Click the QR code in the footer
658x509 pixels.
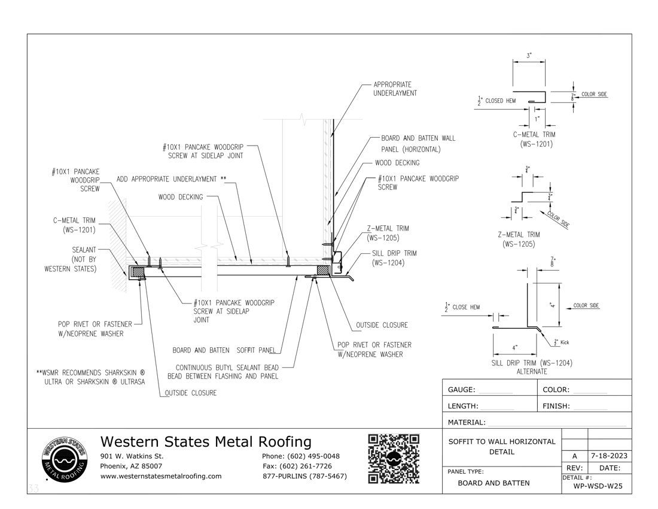394,459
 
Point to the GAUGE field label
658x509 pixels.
461,390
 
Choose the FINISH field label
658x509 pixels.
556,406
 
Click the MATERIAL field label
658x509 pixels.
467,422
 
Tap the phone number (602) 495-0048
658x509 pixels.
301,456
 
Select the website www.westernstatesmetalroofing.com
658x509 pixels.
161,476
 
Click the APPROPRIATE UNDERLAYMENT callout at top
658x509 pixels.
395,89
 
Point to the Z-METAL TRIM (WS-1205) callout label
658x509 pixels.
388,232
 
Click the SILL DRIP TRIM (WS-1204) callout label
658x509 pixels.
394,257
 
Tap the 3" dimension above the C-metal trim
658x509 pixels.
529,56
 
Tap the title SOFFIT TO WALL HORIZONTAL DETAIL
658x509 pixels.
501,446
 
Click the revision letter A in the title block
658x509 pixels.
574,456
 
